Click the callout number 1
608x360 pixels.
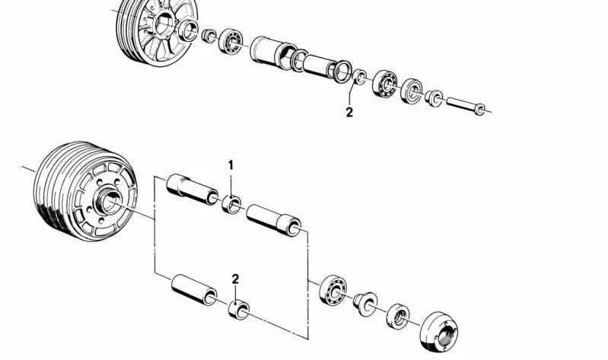click(x=231, y=166)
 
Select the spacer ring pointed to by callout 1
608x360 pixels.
click(x=231, y=205)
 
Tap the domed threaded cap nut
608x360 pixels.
click(x=438, y=332)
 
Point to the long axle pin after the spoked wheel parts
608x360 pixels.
click(x=465, y=106)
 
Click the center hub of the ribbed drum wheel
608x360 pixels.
click(x=107, y=201)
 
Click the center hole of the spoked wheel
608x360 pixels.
click(x=165, y=24)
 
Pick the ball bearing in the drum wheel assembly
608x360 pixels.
click(x=333, y=290)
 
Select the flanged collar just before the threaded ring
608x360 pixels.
click(x=365, y=304)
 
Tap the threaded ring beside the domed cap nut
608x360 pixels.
click(x=398, y=316)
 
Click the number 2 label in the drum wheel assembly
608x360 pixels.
click(x=235, y=279)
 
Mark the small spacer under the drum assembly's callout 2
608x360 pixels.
click(x=239, y=310)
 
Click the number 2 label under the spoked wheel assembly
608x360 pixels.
click(x=349, y=113)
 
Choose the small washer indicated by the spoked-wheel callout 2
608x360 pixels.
click(x=359, y=77)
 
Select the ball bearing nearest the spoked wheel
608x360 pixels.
click(x=231, y=41)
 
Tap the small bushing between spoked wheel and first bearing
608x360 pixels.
click(x=209, y=36)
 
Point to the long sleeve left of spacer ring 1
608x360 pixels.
click(x=193, y=189)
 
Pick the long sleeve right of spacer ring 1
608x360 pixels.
click(x=274, y=220)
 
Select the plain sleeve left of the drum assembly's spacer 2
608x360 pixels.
click(x=194, y=290)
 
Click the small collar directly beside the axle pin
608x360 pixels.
click(x=434, y=98)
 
